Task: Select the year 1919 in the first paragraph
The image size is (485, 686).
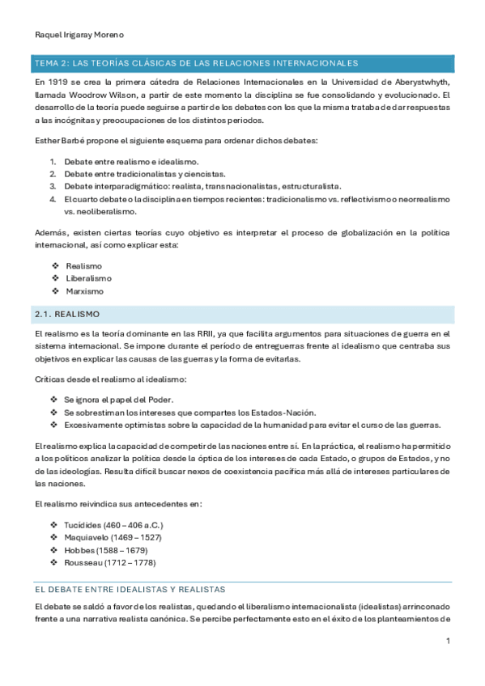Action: [x=58, y=82]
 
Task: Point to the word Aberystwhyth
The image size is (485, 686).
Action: [x=420, y=82]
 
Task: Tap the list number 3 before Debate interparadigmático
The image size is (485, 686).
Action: [x=52, y=185]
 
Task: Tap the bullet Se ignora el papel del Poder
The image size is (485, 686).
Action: [x=119, y=400]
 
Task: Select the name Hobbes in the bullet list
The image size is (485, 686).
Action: [x=80, y=549]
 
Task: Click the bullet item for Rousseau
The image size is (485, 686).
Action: [x=110, y=561]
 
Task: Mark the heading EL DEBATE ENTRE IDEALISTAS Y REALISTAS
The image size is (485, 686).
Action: [x=130, y=589]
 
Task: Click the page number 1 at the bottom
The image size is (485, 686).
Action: [x=447, y=642]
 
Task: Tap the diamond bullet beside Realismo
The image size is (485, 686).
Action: [x=55, y=266]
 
